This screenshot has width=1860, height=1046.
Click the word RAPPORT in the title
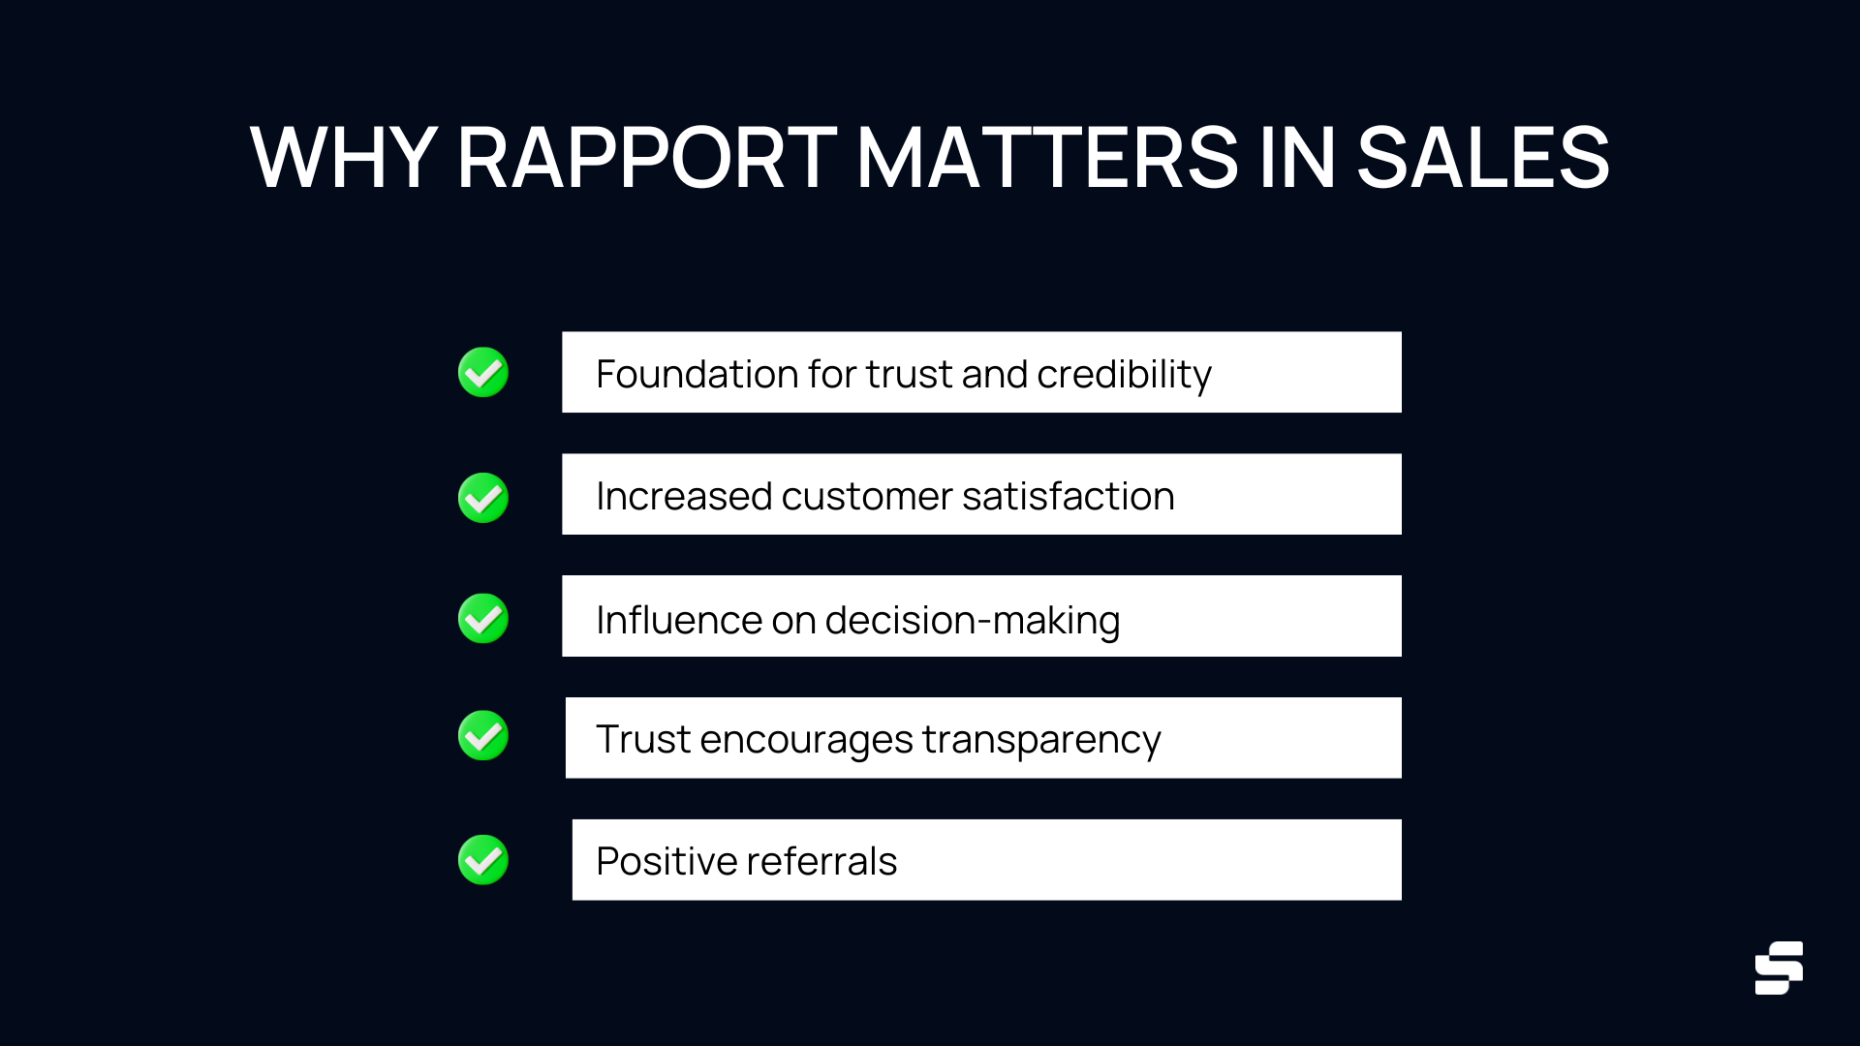646,158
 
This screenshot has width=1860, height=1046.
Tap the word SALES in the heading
1482,158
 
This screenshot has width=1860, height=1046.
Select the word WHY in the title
343,158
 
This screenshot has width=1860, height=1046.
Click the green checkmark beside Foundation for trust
483,373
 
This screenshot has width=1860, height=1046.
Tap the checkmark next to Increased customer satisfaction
483,498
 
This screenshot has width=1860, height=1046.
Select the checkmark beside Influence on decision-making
483,619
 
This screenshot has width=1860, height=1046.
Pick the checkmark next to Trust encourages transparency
483,736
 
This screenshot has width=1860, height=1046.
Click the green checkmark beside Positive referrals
483,860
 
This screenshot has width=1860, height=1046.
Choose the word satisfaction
1069,496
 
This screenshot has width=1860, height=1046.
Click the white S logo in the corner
1779,968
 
